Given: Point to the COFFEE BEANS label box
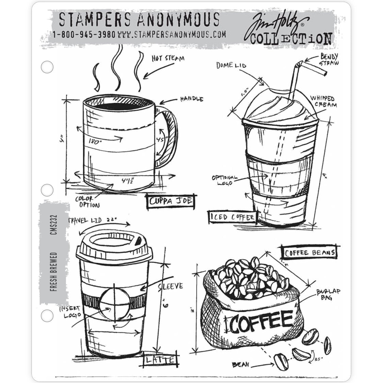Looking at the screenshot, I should (x=310, y=252).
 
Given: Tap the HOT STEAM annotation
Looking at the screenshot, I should (x=168, y=58).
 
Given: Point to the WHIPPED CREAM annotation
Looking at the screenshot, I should (x=323, y=101).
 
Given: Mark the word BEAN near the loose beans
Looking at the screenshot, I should (x=240, y=365).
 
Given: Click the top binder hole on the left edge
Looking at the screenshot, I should (x=47, y=67).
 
